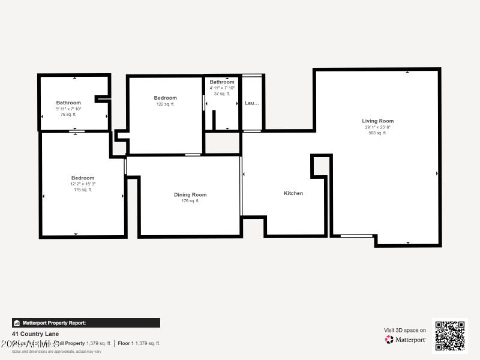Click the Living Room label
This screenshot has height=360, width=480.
point(378,121)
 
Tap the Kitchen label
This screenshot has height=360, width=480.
point(293,193)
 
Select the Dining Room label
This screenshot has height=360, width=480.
point(190,195)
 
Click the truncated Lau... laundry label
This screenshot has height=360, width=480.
point(252,103)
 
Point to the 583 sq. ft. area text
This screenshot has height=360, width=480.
point(378,133)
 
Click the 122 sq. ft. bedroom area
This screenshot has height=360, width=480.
point(165,104)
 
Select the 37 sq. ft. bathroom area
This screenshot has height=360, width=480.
point(222,94)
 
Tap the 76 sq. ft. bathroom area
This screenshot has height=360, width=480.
point(68,114)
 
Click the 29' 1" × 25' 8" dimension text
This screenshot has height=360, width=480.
point(378,127)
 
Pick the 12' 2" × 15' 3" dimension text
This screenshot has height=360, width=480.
point(83,184)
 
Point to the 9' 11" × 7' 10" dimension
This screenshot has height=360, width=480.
point(68,109)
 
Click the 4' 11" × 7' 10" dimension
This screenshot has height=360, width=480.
point(222,88)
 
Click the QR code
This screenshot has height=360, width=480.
point(449,336)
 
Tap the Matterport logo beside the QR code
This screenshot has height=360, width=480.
point(406,340)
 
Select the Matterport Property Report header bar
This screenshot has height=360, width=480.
point(86,323)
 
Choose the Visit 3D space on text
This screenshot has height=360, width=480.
point(405,330)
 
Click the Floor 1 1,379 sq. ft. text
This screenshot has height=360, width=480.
point(139,343)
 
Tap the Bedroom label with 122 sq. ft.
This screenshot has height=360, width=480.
point(165,98)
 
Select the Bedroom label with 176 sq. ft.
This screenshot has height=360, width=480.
point(83,178)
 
